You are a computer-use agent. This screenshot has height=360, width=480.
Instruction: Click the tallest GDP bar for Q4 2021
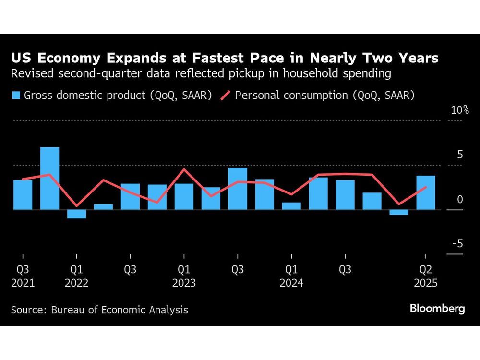point(50,178)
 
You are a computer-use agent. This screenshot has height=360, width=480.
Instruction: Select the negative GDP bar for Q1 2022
point(77,214)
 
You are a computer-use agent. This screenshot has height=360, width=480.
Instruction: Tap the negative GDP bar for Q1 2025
point(399,212)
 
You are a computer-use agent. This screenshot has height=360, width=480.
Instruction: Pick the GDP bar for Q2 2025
point(426,192)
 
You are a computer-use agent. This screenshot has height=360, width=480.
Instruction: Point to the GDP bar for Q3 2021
point(23,194)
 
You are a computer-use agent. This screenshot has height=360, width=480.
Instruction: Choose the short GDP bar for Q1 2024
point(291,206)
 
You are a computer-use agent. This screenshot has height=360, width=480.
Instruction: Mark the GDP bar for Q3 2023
point(238,188)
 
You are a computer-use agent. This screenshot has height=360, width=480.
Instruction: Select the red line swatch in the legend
point(226,96)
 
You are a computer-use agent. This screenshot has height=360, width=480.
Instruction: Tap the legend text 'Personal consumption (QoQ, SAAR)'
point(324,96)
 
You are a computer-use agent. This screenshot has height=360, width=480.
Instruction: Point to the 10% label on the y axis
point(459,110)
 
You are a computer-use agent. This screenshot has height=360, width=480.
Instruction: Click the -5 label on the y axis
point(457,244)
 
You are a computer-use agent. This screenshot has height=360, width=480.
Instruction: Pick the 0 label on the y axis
point(460,199)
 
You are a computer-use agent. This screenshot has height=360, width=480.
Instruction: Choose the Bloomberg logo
point(437,309)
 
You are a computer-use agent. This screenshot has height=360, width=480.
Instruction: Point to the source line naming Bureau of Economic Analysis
point(100,310)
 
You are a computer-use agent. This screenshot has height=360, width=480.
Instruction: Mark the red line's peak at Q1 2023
point(184,169)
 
